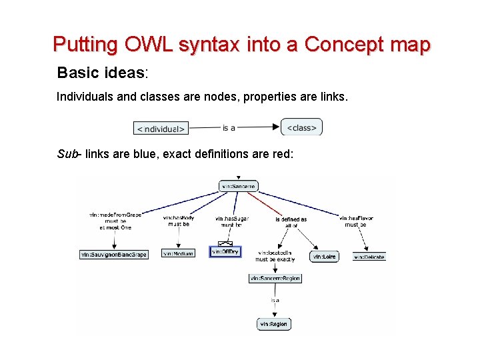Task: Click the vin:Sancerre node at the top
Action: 238,187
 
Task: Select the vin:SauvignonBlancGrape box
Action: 114,254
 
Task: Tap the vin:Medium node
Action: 178,254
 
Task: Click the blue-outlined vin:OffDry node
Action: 225,252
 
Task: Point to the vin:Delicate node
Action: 369,257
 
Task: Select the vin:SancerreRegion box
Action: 275,278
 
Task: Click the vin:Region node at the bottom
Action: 274,324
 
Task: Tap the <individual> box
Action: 161,127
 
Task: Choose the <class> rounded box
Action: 302,127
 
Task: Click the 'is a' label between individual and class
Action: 229,127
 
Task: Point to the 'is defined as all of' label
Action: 291,222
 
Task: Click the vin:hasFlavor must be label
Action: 355,221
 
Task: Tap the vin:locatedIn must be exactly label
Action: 275,257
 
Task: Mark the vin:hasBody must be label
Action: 178,221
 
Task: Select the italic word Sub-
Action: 69,155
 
